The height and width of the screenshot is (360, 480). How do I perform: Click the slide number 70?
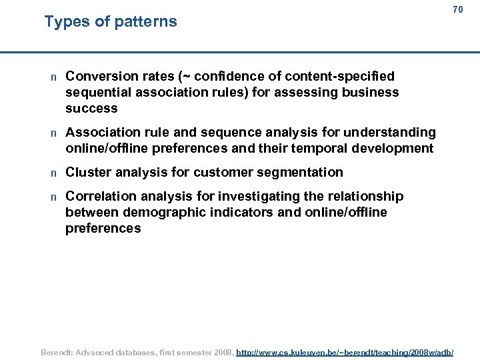(x=457, y=10)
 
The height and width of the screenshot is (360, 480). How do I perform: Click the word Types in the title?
(x=67, y=21)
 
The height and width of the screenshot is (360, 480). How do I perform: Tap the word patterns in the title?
(x=145, y=21)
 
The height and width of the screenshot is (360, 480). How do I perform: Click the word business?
(x=369, y=92)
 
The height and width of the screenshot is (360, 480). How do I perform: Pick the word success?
(x=91, y=108)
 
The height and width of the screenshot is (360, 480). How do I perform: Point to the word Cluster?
(x=89, y=172)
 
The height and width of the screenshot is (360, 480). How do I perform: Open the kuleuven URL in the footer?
(x=345, y=351)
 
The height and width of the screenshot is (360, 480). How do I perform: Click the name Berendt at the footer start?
(x=59, y=351)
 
